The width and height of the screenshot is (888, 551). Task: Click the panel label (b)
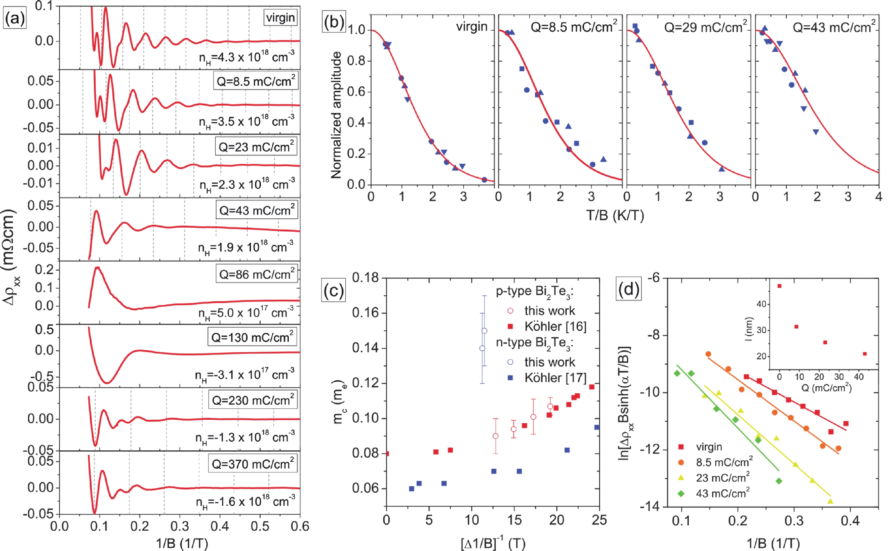pos(334,22)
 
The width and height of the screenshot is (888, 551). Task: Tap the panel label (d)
pos(628,289)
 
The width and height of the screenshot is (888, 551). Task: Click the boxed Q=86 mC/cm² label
pos(257,274)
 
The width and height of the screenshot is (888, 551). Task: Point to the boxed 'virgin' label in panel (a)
pos(280,17)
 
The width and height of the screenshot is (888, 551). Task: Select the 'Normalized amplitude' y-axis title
pos(336,115)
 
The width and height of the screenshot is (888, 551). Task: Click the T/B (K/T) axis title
pos(615,216)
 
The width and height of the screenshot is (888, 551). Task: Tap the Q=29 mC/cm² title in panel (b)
pos(705,26)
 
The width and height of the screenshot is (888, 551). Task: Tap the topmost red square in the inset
pos(779,286)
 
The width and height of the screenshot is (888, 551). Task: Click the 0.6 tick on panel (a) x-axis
pos(300,526)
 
